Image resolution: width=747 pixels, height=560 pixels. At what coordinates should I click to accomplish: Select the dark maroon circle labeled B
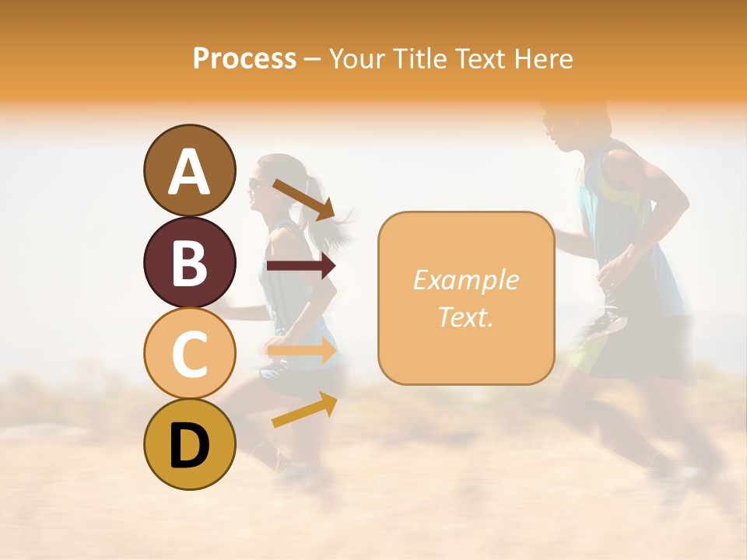(x=190, y=262)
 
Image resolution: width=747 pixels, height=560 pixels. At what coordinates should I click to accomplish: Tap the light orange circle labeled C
(x=190, y=354)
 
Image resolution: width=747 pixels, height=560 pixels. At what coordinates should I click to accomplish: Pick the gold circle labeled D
(x=190, y=445)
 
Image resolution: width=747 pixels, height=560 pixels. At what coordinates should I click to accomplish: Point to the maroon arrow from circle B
(x=301, y=266)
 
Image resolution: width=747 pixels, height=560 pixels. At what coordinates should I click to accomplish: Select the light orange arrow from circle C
(x=302, y=351)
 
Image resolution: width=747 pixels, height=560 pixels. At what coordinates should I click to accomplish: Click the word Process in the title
(x=244, y=58)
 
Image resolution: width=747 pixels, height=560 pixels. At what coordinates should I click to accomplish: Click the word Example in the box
(x=465, y=280)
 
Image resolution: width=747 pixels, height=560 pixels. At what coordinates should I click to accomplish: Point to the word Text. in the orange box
(x=465, y=317)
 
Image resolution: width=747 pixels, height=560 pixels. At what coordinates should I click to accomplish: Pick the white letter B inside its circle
(x=190, y=262)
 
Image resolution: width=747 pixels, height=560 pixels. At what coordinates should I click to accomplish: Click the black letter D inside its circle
(x=190, y=445)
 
